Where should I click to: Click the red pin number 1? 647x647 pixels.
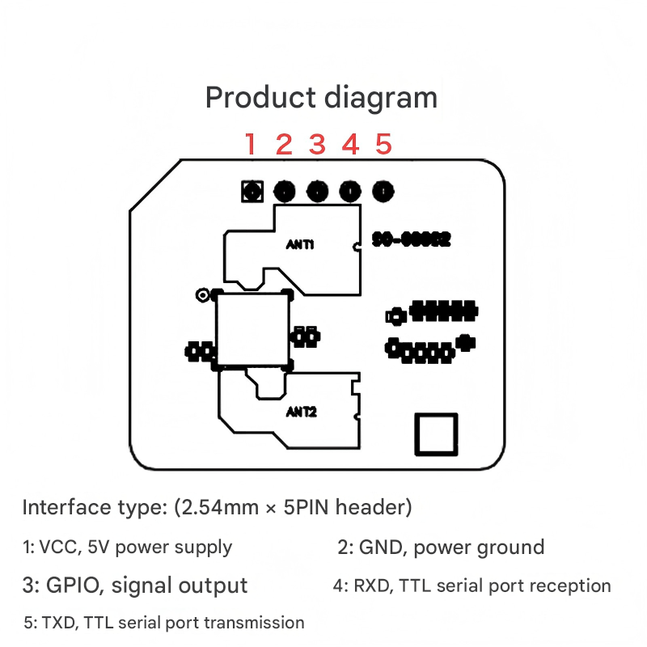pyautogui.click(x=250, y=145)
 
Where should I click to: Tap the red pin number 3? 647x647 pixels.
pyautogui.click(x=317, y=145)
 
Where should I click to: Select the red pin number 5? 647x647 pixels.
pyautogui.click(x=383, y=145)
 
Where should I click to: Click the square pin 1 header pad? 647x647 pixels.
pyautogui.click(x=252, y=192)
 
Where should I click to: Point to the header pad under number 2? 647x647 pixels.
pyautogui.click(x=285, y=192)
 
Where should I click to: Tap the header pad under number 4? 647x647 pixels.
pyautogui.click(x=350, y=192)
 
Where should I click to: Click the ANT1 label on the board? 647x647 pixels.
pyautogui.click(x=300, y=243)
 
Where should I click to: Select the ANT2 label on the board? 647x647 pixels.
pyautogui.click(x=301, y=412)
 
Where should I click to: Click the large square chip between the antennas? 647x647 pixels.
pyautogui.click(x=252, y=329)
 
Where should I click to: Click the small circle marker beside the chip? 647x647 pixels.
pyautogui.click(x=202, y=295)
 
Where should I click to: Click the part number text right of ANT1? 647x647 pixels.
pyautogui.click(x=411, y=240)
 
